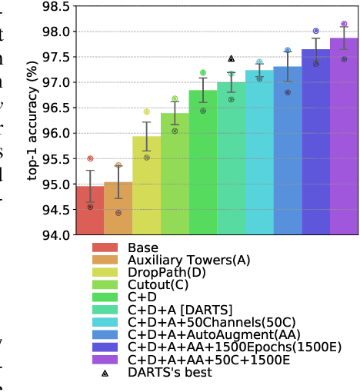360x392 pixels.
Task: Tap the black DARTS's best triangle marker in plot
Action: click(231, 58)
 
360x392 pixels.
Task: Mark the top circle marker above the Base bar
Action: click(90, 158)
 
